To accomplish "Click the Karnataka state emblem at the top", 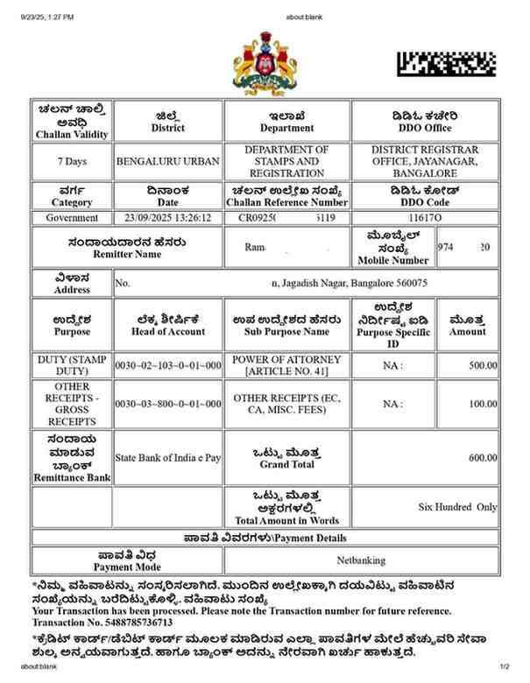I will [x=265, y=65].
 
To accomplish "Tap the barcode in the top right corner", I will [x=446, y=63].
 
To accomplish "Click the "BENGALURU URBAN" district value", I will [x=168, y=162].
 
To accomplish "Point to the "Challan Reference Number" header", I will [x=286, y=202].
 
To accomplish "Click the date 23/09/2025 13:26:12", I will [x=168, y=217].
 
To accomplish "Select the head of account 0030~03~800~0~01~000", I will [x=168, y=404].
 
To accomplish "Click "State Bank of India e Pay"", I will [x=168, y=458].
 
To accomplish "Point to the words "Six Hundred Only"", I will [x=457, y=507].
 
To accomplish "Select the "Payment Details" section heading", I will [x=265, y=537].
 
